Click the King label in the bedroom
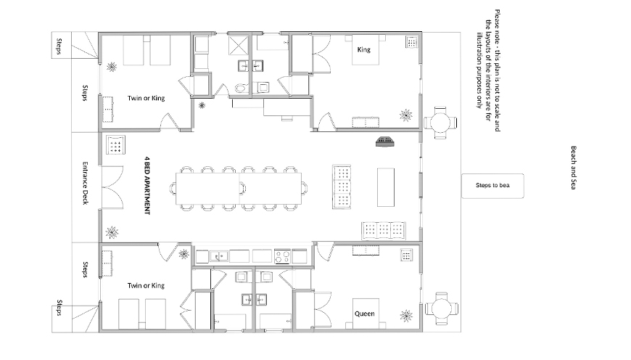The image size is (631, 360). (x=363, y=51)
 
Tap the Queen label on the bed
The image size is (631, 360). (x=364, y=314)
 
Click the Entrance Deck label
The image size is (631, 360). (x=85, y=182)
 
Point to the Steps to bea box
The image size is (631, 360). (x=493, y=187)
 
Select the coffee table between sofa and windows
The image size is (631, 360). (x=386, y=186)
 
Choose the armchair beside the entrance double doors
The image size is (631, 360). (x=115, y=146)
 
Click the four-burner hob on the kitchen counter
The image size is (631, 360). (x=282, y=256)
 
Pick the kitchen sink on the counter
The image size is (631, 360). (x=218, y=256)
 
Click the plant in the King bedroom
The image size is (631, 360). (x=406, y=115)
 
